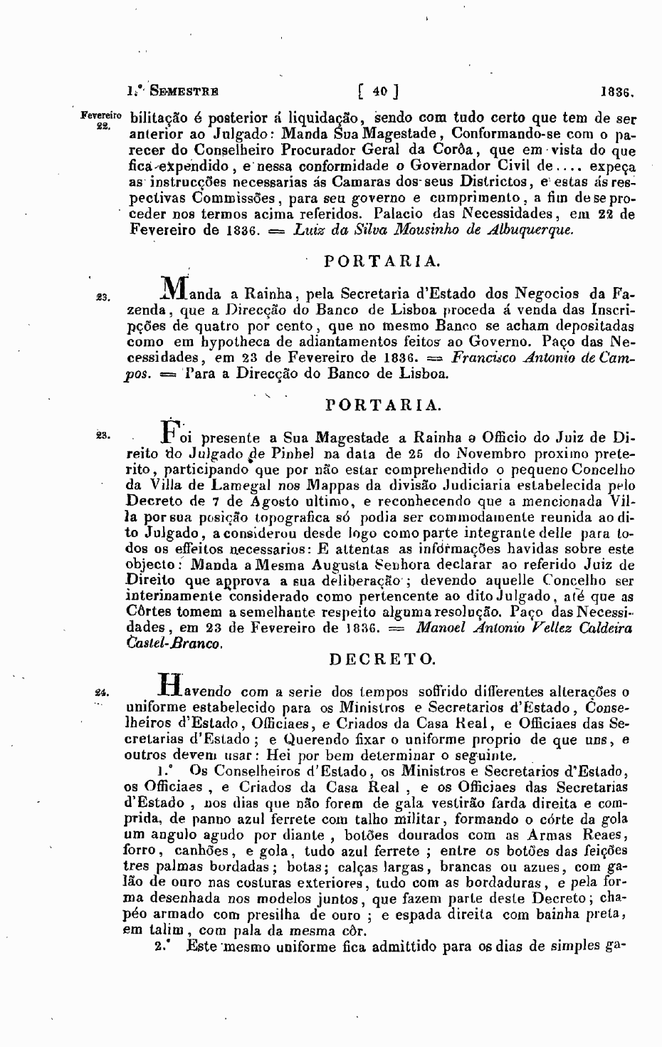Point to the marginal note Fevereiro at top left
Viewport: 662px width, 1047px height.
pyautogui.click(x=102, y=114)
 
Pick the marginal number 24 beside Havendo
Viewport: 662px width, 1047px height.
pyautogui.click(x=100, y=691)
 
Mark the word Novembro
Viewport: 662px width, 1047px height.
pyautogui.click(x=483, y=453)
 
